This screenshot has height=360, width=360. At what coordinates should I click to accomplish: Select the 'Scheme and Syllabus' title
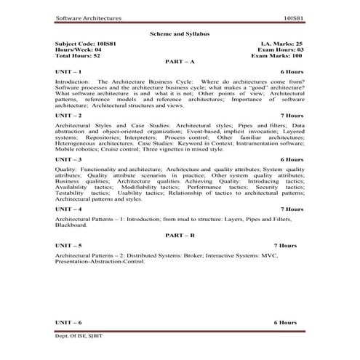pos(179,33)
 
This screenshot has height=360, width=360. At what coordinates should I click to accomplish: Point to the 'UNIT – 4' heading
pos(68,209)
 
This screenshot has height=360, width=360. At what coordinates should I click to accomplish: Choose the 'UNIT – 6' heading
pos(68,321)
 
